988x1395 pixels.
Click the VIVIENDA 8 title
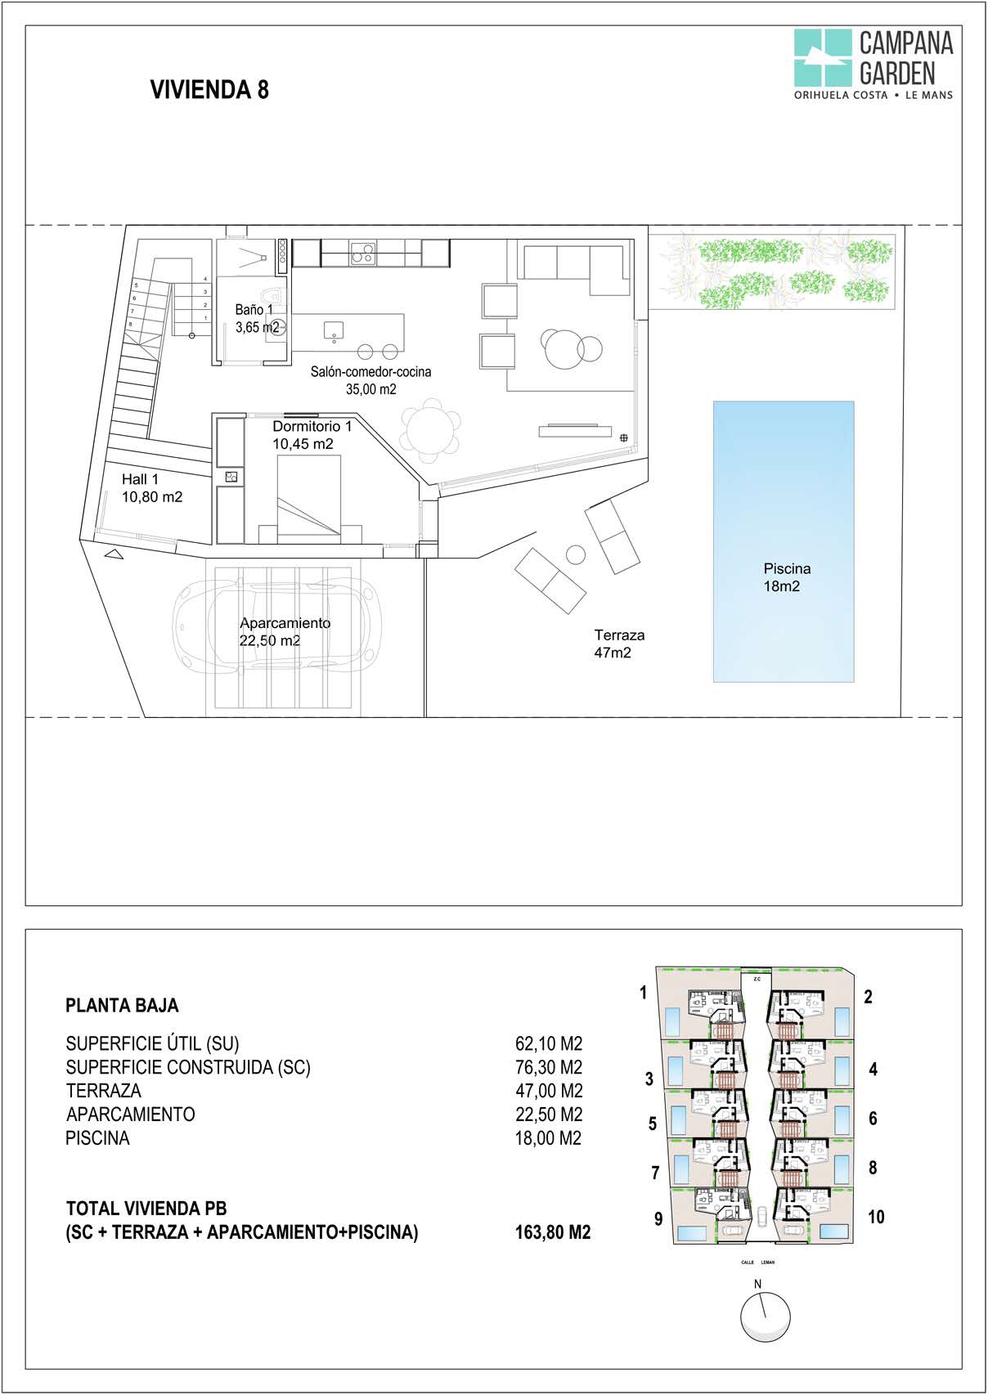click(x=209, y=89)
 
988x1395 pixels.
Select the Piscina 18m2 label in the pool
click(x=786, y=577)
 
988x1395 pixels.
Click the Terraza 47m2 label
click(x=618, y=644)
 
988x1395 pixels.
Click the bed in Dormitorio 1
click(x=308, y=498)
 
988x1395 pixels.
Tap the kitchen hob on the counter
click(x=363, y=253)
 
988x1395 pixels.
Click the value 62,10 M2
click(x=548, y=1043)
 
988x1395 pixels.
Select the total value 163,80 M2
click(x=552, y=1231)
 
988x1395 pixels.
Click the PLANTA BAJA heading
click(x=122, y=1005)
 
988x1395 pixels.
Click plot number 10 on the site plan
click(x=875, y=1217)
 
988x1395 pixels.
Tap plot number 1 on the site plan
click(x=643, y=993)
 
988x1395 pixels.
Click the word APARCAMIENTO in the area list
click(x=131, y=1114)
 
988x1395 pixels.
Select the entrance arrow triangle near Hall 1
click(x=115, y=554)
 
